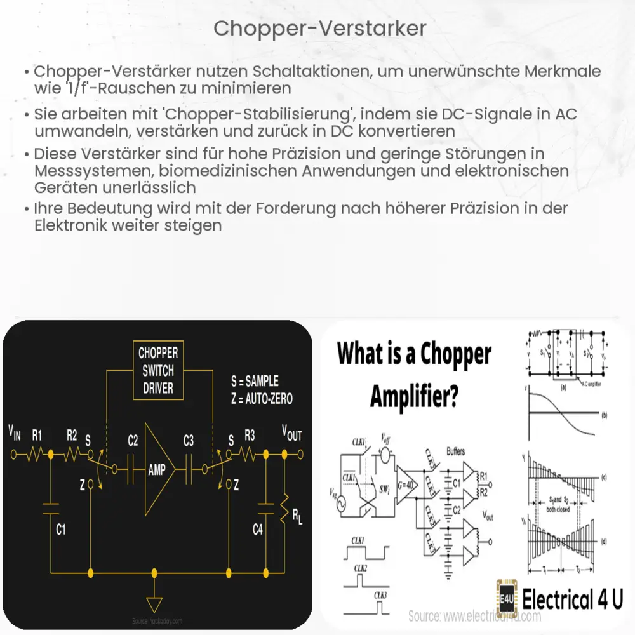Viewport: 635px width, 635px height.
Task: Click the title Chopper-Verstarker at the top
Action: tap(319, 29)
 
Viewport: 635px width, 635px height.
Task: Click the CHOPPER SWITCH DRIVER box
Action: tap(158, 370)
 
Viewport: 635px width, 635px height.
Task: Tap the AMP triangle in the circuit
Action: tap(156, 471)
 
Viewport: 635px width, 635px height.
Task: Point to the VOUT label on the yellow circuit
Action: tap(291, 434)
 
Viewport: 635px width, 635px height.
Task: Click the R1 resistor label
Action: tap(37, 435)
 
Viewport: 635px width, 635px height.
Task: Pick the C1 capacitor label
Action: tap(60, 528)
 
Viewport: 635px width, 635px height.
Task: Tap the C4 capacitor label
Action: tap(257, 528)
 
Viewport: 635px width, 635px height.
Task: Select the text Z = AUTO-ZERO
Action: tap(262, 399)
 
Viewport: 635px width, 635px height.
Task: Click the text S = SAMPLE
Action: tap(255, 381)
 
